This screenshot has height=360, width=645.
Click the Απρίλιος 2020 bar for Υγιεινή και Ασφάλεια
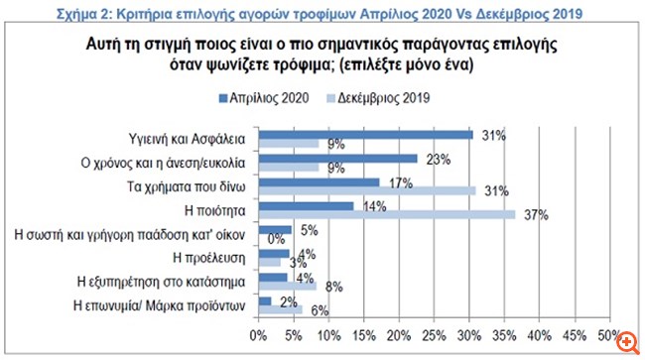point(364,134)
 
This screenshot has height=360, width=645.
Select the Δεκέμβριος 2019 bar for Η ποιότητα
point(387,214)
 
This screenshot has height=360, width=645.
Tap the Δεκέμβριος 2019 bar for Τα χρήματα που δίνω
point(367,190)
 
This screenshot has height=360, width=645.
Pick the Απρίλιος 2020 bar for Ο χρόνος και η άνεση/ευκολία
point(337,158)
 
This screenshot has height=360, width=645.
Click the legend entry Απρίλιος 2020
point(263,99)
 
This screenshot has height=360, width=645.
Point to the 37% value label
point(536,214)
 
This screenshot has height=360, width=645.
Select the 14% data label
point(374,206)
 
